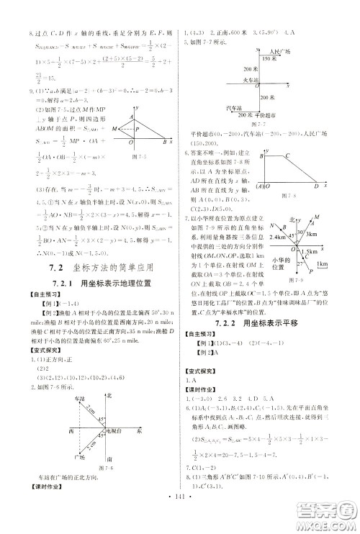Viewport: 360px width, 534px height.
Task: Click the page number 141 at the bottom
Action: coord(180,516)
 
